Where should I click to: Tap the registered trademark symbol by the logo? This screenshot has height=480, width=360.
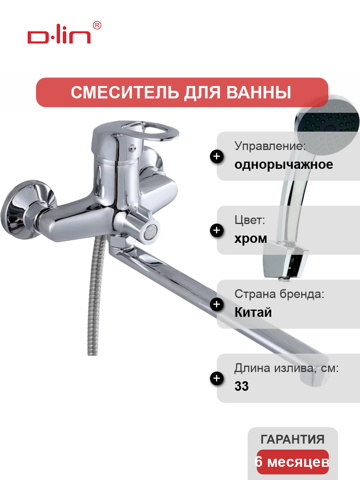pos(97,25)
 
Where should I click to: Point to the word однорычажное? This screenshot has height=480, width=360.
pos(284,165)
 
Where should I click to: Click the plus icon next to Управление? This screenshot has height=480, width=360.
pos(217,156)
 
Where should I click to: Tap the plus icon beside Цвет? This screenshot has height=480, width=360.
pos(217,230)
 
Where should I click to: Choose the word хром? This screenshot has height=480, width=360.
pos(251,239)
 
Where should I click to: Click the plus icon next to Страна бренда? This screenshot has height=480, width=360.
pos(217,304)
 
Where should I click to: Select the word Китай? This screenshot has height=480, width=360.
pos(253,312)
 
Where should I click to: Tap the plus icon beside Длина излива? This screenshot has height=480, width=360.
pos(217,378)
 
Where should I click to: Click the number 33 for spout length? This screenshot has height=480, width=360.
pos(242,386)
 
